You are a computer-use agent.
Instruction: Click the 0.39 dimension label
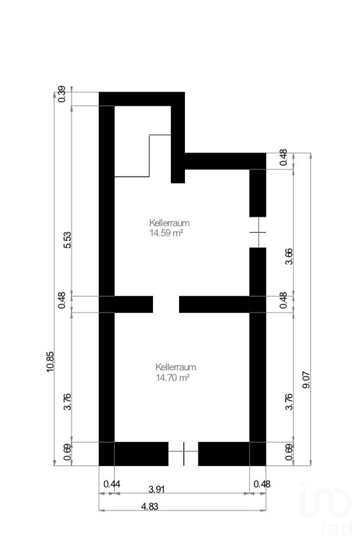coord(62,94)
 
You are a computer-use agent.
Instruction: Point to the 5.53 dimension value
coord(67,240)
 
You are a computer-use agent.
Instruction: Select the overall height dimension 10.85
coord(50,362)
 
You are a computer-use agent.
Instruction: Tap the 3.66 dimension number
coord(288,256)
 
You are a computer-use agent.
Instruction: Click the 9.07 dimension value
coord(306,379)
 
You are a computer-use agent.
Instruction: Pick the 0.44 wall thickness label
coord(112,484)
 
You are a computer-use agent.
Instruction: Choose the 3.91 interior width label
coord(156,489)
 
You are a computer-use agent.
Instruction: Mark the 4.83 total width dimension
coord(150,506)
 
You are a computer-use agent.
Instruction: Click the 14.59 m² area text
coord(166,233)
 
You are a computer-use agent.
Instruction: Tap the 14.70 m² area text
coord(173,377)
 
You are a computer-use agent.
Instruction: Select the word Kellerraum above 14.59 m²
coord(170,223)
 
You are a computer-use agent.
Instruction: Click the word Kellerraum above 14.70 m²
coord(176,367)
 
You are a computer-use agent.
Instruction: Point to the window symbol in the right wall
coord(258,232)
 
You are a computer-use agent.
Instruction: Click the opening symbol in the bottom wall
coord(183,453)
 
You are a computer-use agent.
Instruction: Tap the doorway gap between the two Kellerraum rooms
coord(166,304)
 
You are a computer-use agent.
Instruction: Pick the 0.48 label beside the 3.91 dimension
coord(262,484)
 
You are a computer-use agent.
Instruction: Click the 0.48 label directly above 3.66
coord(283,157)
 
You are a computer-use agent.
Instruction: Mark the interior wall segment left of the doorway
coord(134,304)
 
